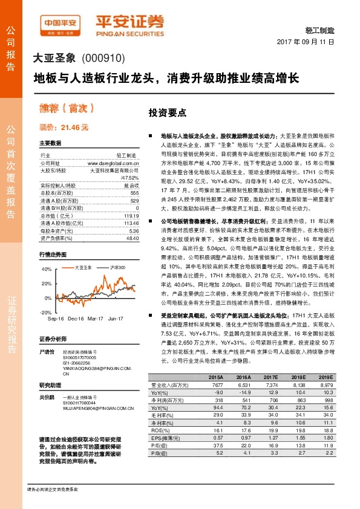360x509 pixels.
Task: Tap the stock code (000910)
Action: coord(102,59)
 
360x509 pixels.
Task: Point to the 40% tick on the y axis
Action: coord(47,269)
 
